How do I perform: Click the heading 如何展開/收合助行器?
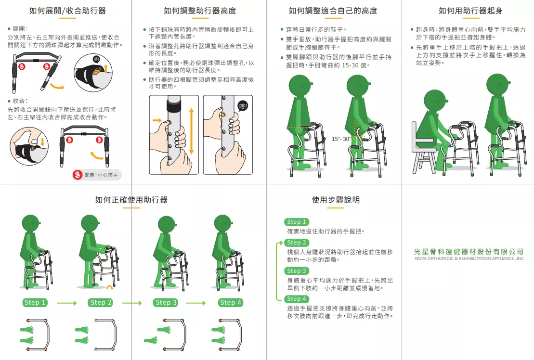67,11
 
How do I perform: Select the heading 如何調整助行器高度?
199,11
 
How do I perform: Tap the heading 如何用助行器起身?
470,11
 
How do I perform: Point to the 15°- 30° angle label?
341,139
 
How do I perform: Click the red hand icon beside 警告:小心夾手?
78,175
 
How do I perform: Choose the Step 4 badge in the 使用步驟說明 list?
297,299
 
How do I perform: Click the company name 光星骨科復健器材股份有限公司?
469,251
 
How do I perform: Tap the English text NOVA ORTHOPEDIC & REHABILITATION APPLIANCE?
469,258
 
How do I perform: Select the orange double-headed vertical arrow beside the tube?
191,131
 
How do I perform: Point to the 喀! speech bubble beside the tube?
243,106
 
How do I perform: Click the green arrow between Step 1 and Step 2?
67,303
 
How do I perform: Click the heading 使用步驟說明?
336,200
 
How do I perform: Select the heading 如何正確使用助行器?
131,200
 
